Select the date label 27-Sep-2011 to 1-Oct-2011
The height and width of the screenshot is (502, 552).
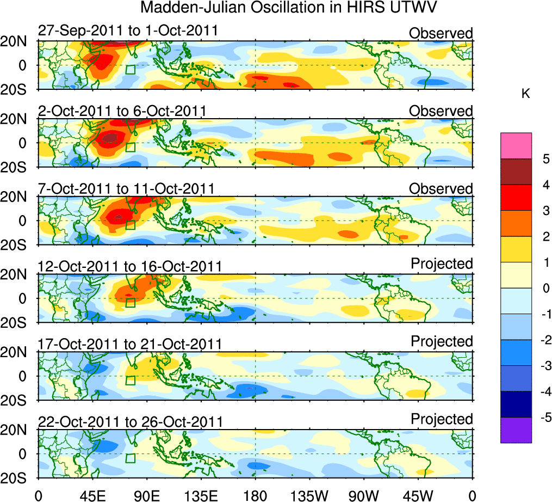click(128, 30)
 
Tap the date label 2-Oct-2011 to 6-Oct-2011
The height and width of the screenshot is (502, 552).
click(122, 111)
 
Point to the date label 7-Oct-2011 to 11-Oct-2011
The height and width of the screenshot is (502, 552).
click(126, 188)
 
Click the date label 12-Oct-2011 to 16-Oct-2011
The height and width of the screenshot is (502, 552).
click(129, 266)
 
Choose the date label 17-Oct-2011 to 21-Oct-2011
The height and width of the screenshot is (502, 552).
click(129, 344)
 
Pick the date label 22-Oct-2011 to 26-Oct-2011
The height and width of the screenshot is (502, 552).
click(130, 422)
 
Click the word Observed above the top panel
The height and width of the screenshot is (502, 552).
click(441, 33)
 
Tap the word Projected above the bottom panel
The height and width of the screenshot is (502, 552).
click(442, 419)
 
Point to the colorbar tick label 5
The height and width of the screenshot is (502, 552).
click(545, 160)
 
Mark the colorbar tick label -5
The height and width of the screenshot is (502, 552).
click(544, 418)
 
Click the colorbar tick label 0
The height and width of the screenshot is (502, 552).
click(545, 289)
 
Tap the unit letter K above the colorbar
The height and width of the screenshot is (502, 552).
click(525, 94)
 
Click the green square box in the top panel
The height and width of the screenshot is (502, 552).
click(130, 70)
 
